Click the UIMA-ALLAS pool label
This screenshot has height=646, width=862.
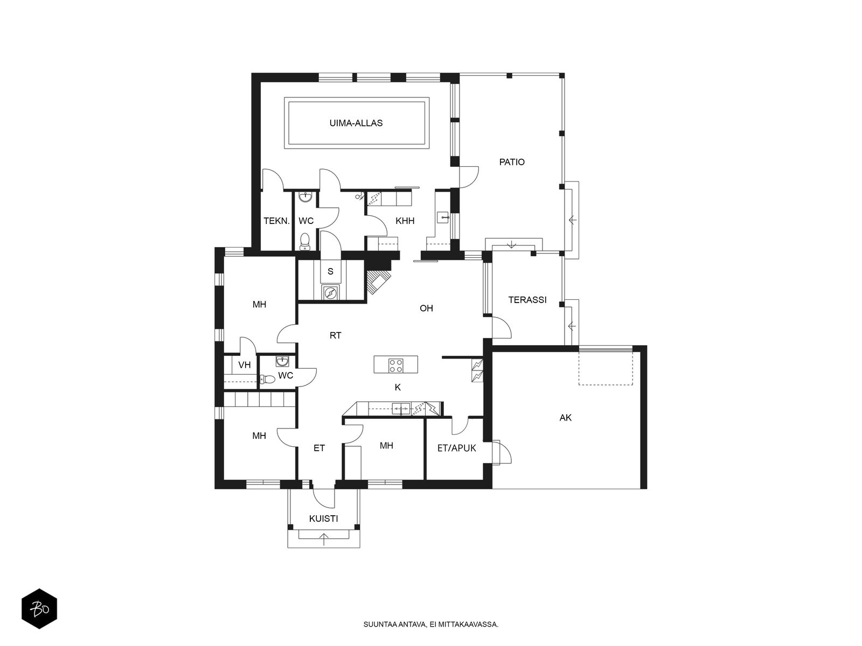pyautogui.click(x=356, y=123)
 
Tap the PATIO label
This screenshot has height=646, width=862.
pyautogui.click(x=512, y=162)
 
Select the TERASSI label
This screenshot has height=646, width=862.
pyautogui.click(x=527, y=300)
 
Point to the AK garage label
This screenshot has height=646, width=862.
pyautogui.click(x=566, y=418)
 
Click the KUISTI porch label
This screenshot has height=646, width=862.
pyautogui.click(x=324, y=518)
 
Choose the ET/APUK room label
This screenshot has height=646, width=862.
pyautogui.click(x=457, y=448)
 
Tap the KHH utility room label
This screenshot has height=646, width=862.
pyautogui.click(x=405, y=221)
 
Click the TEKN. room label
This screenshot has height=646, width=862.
pyautogui.click(x=276, y=221)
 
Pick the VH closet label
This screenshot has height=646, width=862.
pyautogui.click(x=244, y=365)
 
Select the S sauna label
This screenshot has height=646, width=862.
pyautogui.click(x=330, y=271)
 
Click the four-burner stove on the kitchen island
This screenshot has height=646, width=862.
pyautogui.click(x=395, y=365)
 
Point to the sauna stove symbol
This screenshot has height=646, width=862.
pyautogui.click(x=331, y=292)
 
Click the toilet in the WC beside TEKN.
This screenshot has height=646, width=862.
pyautogui.click(x=305, y=242)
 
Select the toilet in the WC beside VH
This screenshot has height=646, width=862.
pyautogui.click(x=267, y=380)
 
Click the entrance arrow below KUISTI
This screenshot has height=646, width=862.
pyautogui.click(x=324, y=539)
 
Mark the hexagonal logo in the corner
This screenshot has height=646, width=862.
pyautogui.click(x=39, y=609)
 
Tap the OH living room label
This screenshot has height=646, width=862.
pyautogui.click(x=426, y=308)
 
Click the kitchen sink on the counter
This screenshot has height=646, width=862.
pyautogui.click(x=401, y=409)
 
